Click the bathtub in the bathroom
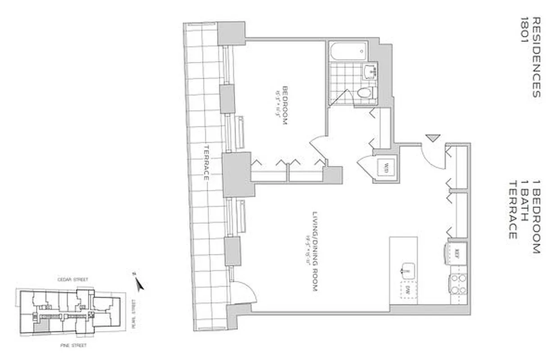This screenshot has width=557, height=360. point(349,52)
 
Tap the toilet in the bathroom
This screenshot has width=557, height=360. point(364,93)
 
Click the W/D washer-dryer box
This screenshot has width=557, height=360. point(385,169)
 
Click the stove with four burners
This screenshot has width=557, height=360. point(458,284)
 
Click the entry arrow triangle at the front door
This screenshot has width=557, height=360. point(432,138)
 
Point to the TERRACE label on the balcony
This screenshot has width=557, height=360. point(206,162)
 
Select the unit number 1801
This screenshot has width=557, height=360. point(525,30)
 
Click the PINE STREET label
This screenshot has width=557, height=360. point(73,346)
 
